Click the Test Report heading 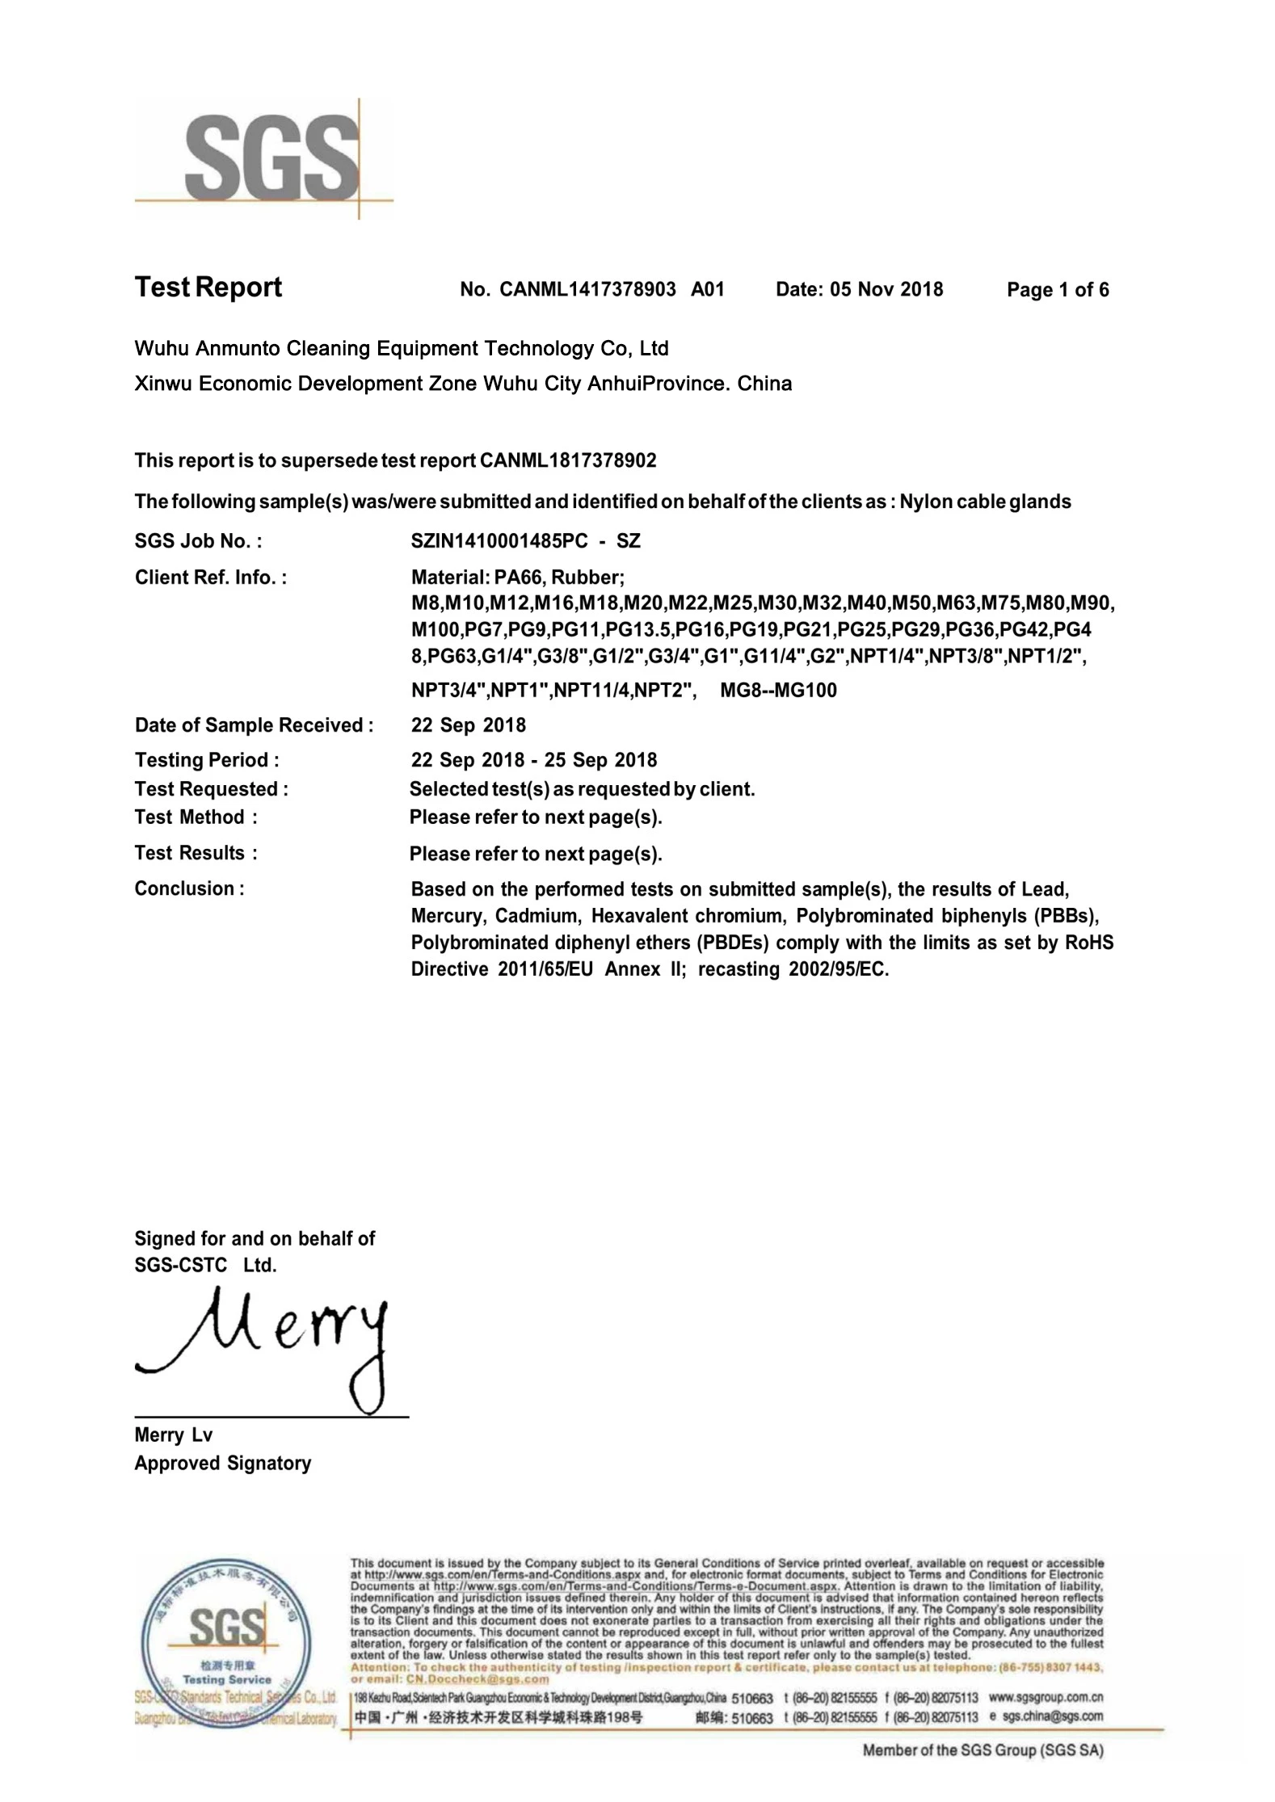(x=208, y=288)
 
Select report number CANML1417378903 (x=587, y=290)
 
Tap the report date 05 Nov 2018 (x=886, y=290)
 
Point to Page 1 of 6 (x=1057, y=290)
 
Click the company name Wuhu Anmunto (x=401, y=349)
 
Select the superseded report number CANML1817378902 (x=567, y=461)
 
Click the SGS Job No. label (x=198, y=541)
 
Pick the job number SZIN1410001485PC (x=499, y=541)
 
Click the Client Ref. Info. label (x=210, y=578)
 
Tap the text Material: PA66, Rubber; (x=517, y=578)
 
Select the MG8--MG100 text (x=777, y=691)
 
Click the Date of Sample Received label (x=254, y=725)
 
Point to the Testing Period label (x=207, y=760)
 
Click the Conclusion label (x=189, y=888)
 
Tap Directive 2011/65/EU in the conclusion (x=502, y=969)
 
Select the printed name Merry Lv (x=173, y=1435)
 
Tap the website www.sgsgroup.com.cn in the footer (x=1046, y=1697)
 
